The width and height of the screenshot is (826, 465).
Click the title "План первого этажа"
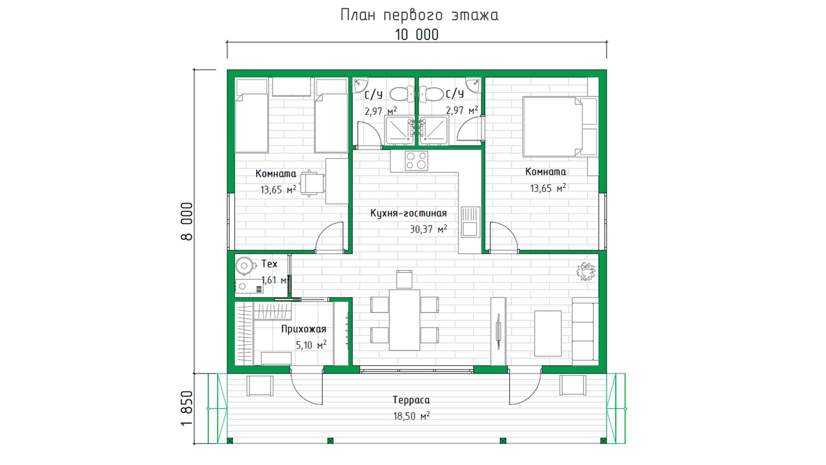[419, 15]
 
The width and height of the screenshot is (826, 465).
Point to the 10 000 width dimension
[417, 35]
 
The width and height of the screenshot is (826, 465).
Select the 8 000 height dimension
[187, 221]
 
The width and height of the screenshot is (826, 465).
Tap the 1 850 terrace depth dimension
[187, 408]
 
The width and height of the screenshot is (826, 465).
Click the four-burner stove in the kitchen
[417, 161]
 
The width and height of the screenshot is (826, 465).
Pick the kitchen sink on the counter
[470, 222]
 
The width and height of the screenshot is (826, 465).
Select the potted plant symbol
[585, 271]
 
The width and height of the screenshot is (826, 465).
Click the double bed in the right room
[560, 126]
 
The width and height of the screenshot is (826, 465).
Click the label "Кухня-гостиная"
[408, 213]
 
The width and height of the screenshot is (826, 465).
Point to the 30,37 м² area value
[428, 229]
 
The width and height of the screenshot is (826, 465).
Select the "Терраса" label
[411, 400]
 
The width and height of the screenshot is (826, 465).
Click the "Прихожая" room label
[303, 329]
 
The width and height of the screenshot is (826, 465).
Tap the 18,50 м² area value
[411, 416]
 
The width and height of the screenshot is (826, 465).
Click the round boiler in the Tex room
[245, 266]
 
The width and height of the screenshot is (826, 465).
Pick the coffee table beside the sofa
[548, 333]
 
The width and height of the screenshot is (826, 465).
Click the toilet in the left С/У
[402, 94]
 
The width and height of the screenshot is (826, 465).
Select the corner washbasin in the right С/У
[473, 85]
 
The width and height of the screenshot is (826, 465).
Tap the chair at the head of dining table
[404, 279]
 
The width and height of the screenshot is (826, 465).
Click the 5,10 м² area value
[311, 345]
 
